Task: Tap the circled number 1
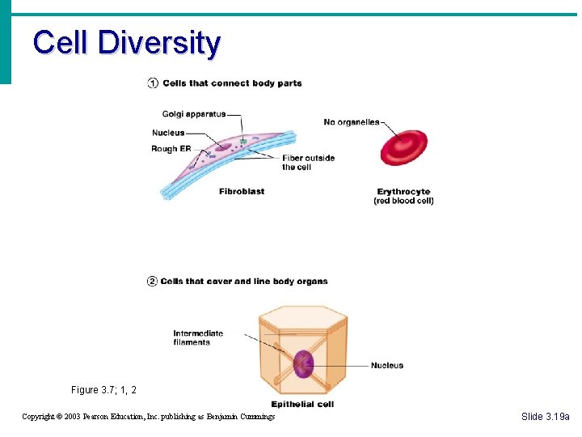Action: coord(153,83)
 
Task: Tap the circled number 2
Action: coord(152,282)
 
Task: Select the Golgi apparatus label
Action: coord(193,114)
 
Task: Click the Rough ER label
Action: coord(171,149)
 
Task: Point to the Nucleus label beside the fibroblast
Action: coord(168,133)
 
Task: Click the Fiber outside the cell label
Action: coord(308,163)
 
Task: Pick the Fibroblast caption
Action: coord(242,192)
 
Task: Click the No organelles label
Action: coord(351,122)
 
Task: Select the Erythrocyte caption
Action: coord(403,192)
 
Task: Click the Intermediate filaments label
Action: coord(198,337)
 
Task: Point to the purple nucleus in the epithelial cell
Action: coord(303,363)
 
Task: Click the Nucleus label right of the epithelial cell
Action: coord(387,366)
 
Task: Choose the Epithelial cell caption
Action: coord(302,404)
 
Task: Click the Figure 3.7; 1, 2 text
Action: coord(103,390)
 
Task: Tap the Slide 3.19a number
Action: coord(545,416)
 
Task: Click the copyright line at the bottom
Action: coord(148,417)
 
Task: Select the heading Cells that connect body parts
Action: coord(232,83)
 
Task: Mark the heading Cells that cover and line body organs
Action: coord(244,282)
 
